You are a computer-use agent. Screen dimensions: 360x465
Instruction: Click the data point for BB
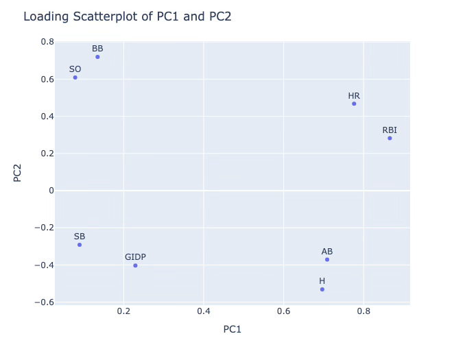(97, 57)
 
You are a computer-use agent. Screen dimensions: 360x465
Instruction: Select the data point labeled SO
(75, 77)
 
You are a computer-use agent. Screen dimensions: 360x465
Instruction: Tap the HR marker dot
(354, 104)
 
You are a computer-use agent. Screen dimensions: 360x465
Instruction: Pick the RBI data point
(390, 139)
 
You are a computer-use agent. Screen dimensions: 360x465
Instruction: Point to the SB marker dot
(80, 245)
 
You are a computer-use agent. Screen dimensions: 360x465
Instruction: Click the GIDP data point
(135, 265)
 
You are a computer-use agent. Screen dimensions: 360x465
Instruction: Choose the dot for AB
(327, 260)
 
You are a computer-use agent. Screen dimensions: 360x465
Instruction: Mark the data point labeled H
(322, 289)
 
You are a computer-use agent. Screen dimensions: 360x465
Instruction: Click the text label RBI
(390, 130)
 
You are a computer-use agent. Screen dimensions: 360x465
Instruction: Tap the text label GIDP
(135, 257)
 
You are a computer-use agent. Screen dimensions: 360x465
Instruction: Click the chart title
(127, 16)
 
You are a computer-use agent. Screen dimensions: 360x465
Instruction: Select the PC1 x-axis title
(232, 329)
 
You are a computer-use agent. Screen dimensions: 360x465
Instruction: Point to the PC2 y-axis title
(19, 171)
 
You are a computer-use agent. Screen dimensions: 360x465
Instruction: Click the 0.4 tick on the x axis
(204, 311)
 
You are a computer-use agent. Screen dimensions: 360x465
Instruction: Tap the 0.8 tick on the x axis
(363, 311)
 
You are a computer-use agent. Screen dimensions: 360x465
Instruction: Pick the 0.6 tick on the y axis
(47, 80)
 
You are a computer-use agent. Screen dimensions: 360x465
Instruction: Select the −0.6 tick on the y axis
(44, 302)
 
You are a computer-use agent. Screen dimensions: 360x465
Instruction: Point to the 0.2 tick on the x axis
(123, 311)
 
